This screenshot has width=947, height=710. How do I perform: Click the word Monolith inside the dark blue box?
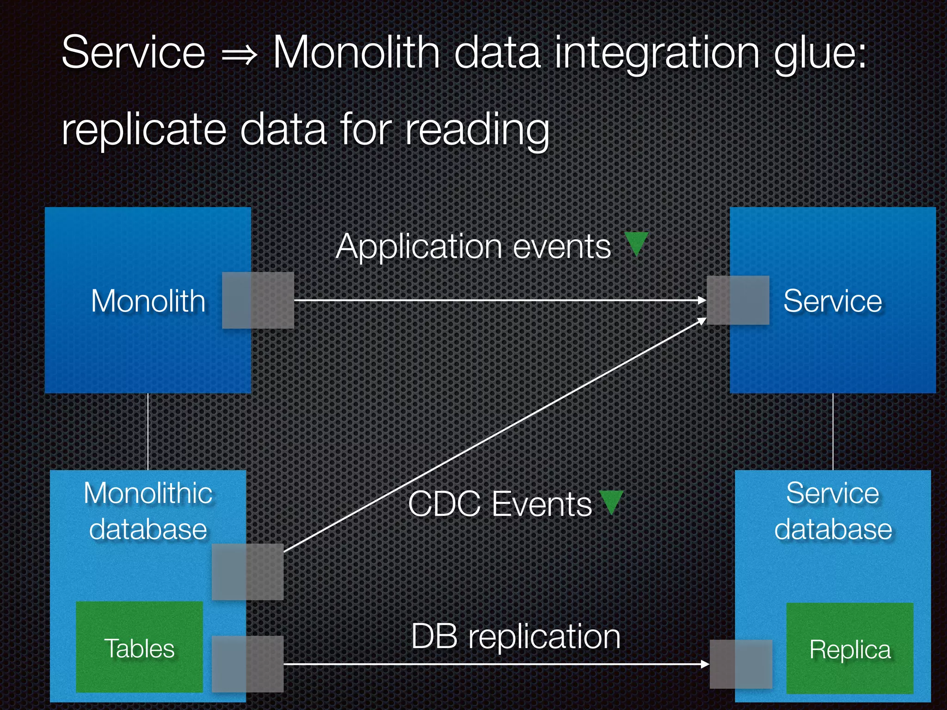pos(148,301)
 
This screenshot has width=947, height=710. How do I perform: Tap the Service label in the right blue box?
pos(832,301)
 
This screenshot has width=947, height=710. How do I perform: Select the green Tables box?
pos(139,647)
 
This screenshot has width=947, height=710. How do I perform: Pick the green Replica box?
pos(850,649)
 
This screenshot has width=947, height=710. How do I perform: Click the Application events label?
pos(473,246)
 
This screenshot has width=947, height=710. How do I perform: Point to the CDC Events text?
pos(499,504)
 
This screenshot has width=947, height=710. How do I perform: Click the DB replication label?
pos(516,637)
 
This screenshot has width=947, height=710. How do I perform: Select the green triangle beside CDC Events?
pos(611,502)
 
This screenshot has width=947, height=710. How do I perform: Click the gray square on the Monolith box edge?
pos(258,300)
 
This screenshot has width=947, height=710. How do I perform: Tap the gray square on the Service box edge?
pos(738,300)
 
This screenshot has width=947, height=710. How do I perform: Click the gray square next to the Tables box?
pos(247,664)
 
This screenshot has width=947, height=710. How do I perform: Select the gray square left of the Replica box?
pos(741,664)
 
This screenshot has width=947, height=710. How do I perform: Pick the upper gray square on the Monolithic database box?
pos(247,572)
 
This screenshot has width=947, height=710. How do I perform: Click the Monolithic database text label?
pos(148,511)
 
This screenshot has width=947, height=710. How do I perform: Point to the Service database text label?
pos(833,511)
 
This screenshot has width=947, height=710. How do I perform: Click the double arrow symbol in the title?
pos(239,55)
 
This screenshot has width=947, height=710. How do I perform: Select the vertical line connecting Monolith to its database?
pos(148,432)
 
